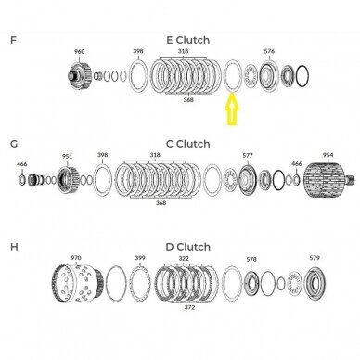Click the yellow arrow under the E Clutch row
click(x=232, y=109)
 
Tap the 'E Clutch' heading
click(x=188, y=40)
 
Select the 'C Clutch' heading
click(x=188, y=144)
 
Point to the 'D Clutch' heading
click(x=188, y=247)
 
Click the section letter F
click(x=13, y=40)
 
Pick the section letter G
click(x=14, y=144)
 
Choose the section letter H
click(x=14, y=247)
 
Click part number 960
click(x=79, y=52)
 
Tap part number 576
click(x=269, y=51)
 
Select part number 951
click(x=67, y=156)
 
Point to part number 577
click(x=248, y=155)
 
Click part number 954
click(x=328, y=155)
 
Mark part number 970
click(x=76, y=258)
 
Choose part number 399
click(x=140, y=258)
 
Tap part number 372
click(x=189, y=307)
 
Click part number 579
click(x=315, y=258)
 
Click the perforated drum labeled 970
click(x=77, y=283)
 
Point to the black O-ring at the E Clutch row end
click(x=302, y=76)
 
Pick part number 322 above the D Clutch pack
click(x=184, y=258)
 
